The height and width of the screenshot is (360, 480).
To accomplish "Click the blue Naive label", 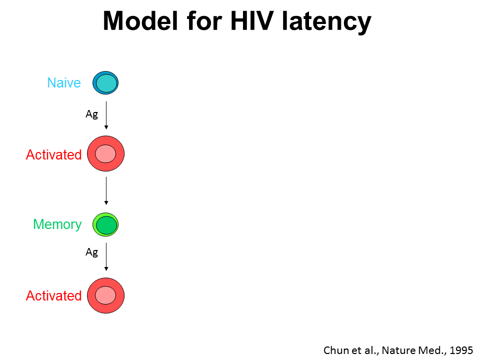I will point(64,83).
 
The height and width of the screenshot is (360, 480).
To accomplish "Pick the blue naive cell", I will point(105,83).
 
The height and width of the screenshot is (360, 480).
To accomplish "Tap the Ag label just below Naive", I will point(91,114).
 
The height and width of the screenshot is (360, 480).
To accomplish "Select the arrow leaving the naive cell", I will point(106,115).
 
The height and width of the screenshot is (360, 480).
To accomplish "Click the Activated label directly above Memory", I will point(53,155).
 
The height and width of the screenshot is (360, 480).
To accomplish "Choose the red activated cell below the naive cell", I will point(105,154).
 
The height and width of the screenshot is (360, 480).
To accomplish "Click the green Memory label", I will point(57,224).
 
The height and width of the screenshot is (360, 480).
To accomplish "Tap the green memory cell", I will point(105,225).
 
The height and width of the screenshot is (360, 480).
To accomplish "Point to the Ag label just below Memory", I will point(91,252).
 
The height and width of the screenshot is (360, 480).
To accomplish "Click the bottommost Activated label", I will point(53,296).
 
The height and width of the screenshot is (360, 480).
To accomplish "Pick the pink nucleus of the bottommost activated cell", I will point(105,294).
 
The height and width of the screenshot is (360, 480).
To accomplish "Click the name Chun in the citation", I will point(335,350).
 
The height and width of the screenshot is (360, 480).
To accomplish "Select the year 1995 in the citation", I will point(461,350).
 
